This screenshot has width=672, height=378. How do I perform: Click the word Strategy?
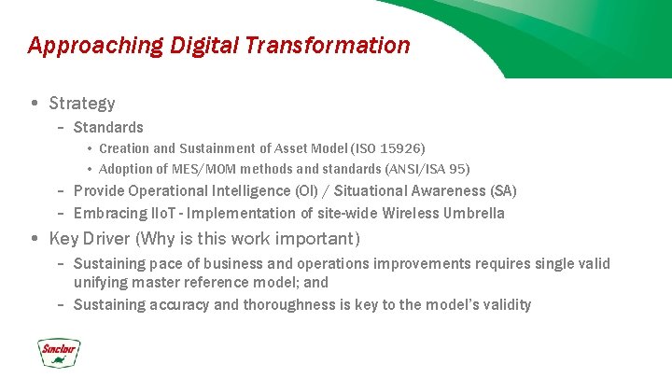point(82,103)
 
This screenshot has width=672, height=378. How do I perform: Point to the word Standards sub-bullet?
point(108,127)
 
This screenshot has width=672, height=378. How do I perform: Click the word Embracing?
point(110,213)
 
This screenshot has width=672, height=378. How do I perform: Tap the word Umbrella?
point(476,213)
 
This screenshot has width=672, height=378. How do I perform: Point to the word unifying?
point(100,282)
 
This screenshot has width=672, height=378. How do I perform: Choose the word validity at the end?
point(504,304)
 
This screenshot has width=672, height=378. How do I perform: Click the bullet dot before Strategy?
point(35,103)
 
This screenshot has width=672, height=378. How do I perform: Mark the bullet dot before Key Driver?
point(35,238)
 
